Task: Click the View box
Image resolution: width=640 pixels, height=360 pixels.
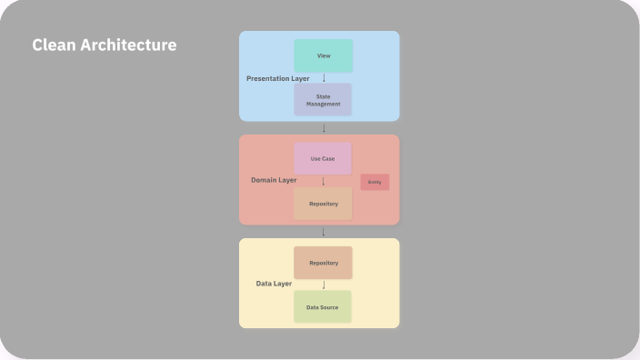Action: click(323, 55)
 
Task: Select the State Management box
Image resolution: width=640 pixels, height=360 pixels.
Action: click(323, 99)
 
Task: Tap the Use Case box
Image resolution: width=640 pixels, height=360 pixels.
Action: click(323, 158)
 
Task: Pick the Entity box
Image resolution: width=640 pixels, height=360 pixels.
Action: click(375, 182)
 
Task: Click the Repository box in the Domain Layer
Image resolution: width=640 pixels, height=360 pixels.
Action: click(323, 204)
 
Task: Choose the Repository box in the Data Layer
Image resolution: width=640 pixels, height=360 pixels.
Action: click(323, 263)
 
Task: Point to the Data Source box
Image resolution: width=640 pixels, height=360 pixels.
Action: click(323, 306)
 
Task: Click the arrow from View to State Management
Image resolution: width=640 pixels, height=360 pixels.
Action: click(324, 77)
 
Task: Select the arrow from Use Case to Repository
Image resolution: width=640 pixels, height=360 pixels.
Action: click(324, 181)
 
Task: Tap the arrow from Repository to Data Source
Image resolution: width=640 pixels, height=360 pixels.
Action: click(324, 285)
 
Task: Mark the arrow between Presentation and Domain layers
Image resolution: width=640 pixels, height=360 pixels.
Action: click(324, 128)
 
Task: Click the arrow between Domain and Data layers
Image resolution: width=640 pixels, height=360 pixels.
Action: click(324, 232)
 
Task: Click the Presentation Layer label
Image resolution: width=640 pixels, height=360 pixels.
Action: click(277, 79)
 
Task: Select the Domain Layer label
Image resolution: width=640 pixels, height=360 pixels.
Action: click(274, 180)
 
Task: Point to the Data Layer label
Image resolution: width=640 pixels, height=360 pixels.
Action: click(274, 284)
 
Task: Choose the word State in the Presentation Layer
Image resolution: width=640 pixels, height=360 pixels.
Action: click(323, 95)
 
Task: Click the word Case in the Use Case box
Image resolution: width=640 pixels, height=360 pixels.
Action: click(329, 159)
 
